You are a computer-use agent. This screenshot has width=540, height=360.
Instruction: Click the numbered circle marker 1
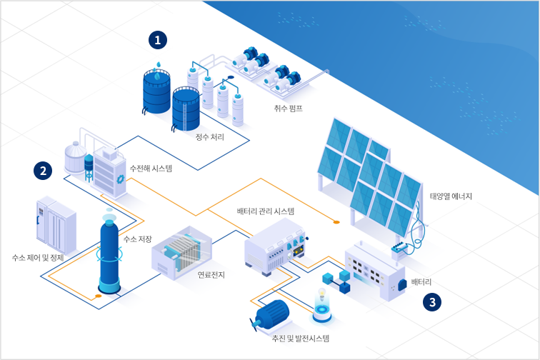tap(158, 39)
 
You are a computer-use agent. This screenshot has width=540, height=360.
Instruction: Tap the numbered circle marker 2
tap(44, 171)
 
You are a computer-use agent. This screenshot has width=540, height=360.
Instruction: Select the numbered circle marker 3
tap(432, 302)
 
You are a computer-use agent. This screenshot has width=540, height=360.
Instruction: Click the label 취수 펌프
tap(289, 109)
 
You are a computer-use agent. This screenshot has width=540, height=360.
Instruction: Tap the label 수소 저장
tap(138, 239)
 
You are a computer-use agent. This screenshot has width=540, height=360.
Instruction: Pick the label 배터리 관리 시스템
tap(266, 211)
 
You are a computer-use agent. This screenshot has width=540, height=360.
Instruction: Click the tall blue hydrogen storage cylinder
tap(109, 253)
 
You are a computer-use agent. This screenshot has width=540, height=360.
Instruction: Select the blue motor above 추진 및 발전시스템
tap(270, 314)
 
